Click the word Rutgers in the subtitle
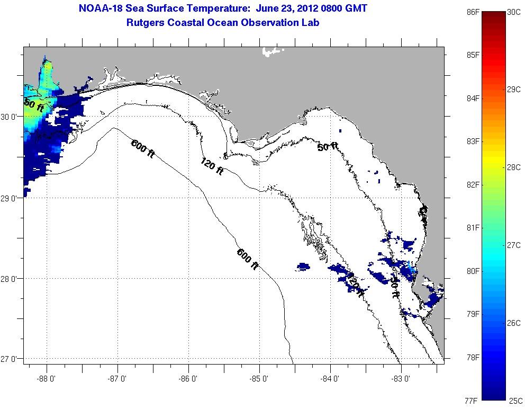click(x=146, y=22)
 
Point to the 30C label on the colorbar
click(x=513, y=12)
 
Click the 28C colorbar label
click(x=513, y=167)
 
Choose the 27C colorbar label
click(x=513, y=245)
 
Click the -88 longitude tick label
click(x=47, y=378)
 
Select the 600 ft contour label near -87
click(x=143, y=147)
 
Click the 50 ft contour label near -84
click(x=328, y=146)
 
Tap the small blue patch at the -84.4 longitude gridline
click(x=303, y=265)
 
